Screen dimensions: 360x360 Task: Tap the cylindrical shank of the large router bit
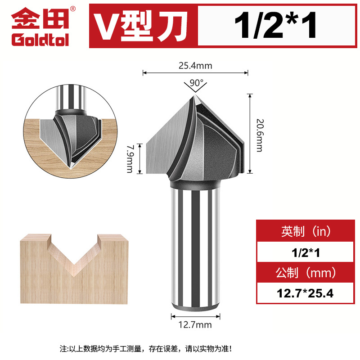coord(195,247)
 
